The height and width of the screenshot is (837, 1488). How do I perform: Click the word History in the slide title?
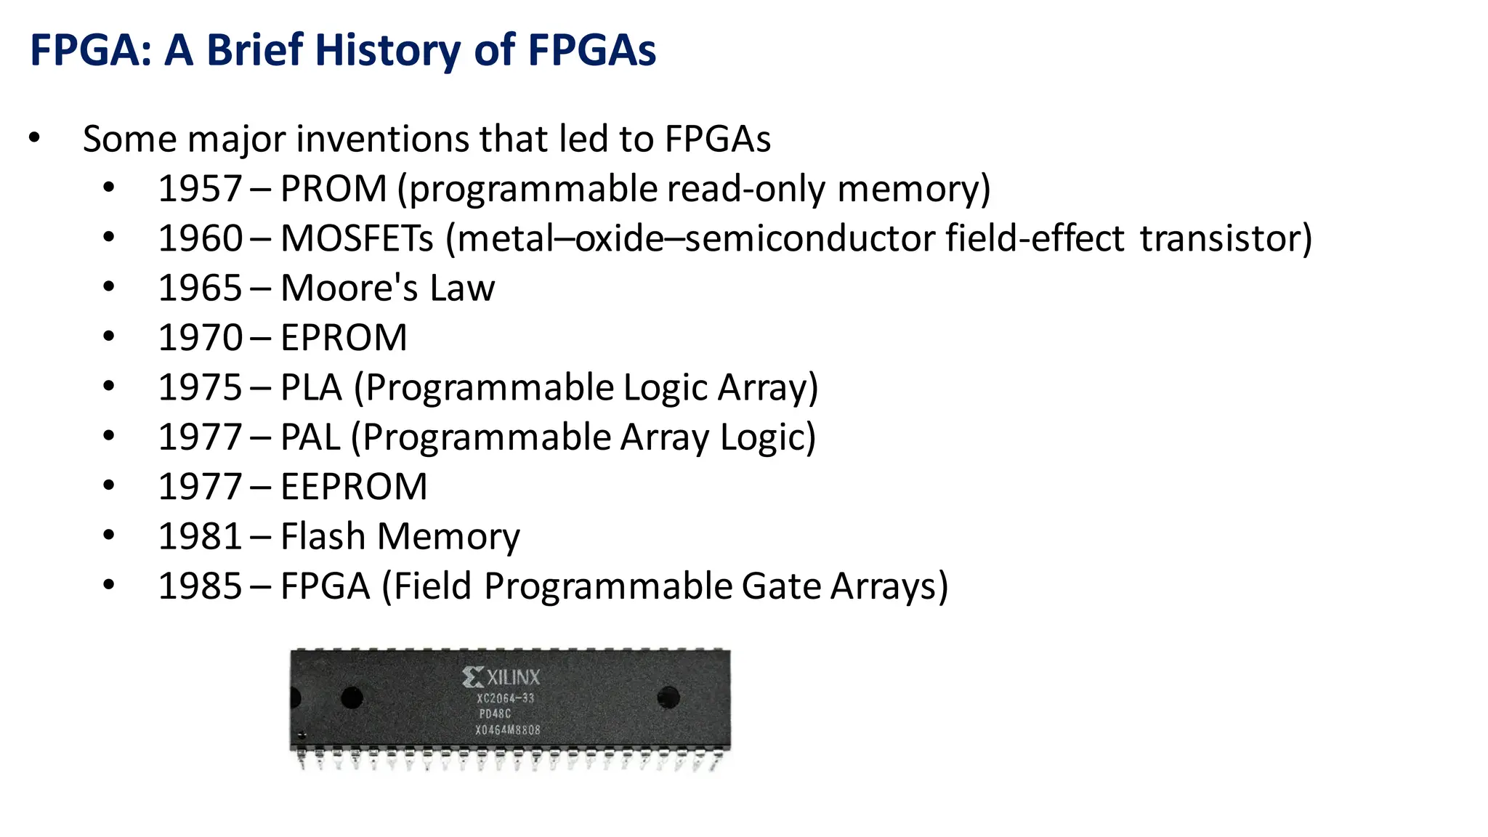coord(388,51)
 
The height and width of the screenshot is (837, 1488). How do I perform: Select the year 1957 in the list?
coord(200,189)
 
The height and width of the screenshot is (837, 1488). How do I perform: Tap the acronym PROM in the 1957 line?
coord(333,189)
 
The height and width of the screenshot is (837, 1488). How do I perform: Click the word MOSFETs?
coord(357,239)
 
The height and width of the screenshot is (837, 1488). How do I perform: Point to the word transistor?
coord(1226,239)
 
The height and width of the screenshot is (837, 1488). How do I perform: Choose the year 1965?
coord(200,288)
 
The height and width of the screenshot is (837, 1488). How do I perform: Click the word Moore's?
coord(349,288)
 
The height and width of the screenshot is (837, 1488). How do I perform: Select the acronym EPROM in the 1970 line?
coord(344,338)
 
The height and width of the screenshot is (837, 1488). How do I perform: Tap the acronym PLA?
coord(311,388)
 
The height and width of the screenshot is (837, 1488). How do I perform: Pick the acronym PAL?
coord(310,437)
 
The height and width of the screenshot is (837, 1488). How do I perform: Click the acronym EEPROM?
coord(354,487)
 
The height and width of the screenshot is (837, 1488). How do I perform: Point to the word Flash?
coord(323,537)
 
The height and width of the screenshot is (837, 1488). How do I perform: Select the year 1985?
coord(200,586)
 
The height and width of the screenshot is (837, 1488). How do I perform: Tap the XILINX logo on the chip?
coord(502,677)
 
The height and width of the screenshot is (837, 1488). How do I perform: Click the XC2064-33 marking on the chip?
coord(505,698)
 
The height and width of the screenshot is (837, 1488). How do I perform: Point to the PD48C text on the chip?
coord(495,714)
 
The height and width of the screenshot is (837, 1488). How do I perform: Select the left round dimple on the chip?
coord(352,697)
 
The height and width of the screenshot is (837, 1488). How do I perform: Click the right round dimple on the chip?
coord(668,697)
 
